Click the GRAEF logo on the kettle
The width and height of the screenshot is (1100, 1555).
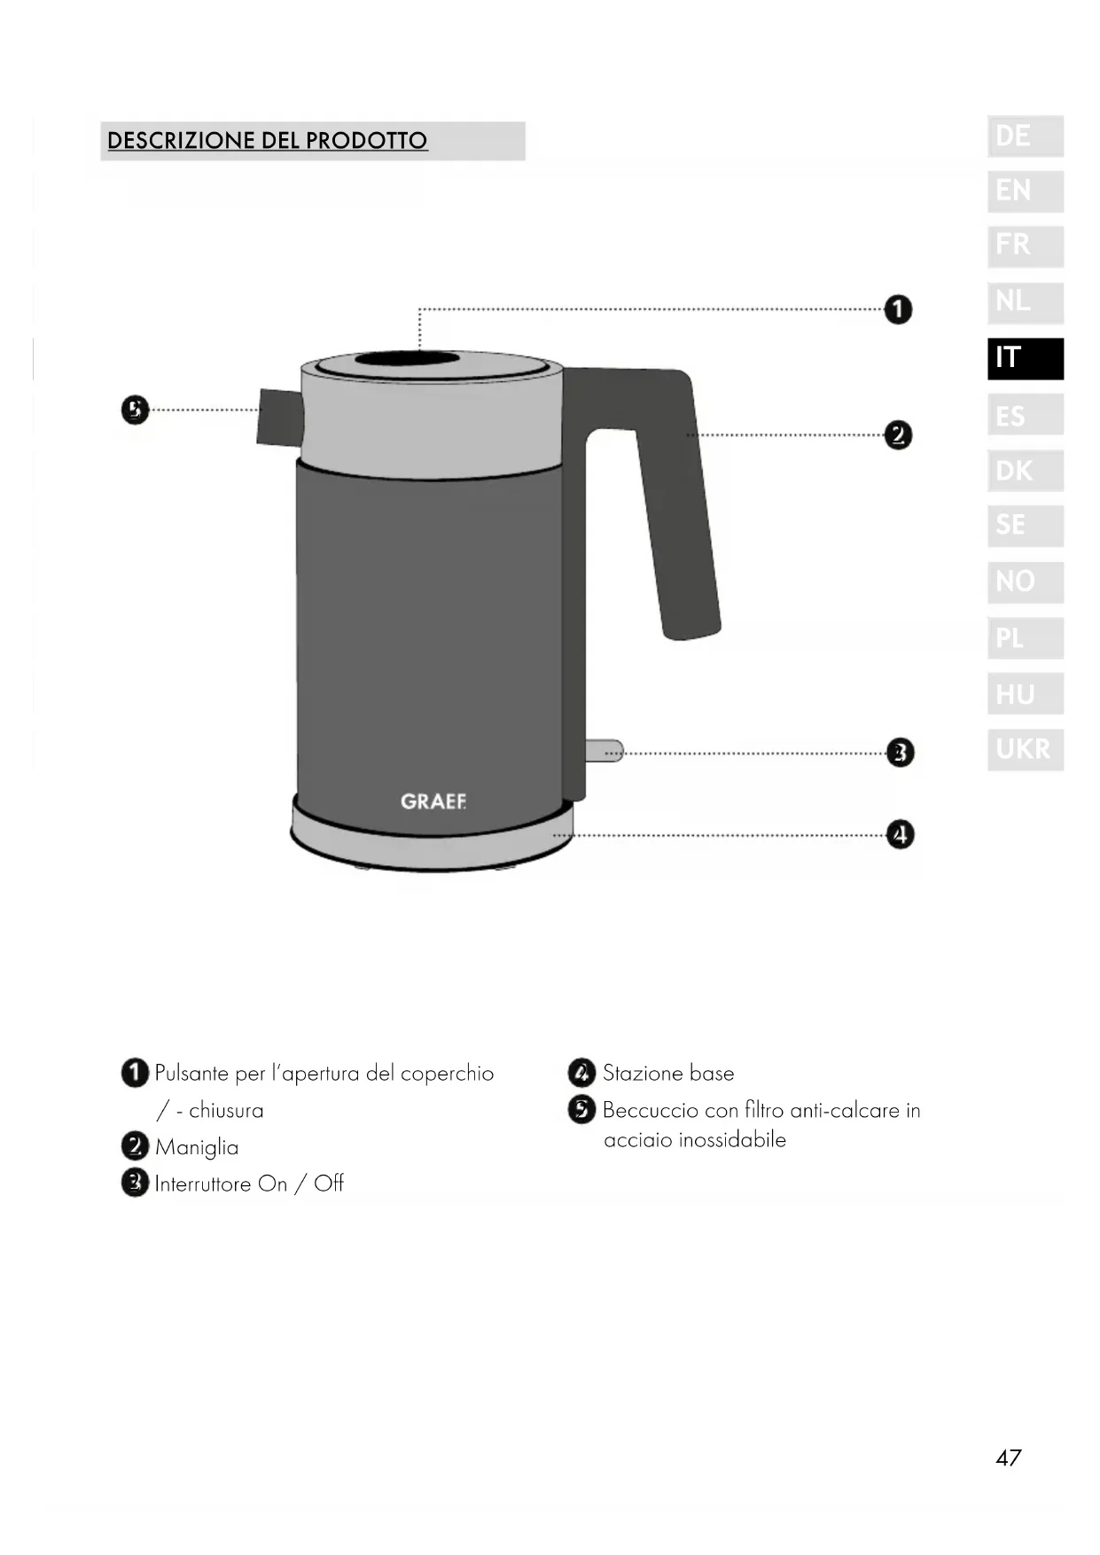(x=433, y=801)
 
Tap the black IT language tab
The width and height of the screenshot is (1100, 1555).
(x=1026, y=358)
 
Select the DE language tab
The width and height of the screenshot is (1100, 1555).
(x=1026, y=137)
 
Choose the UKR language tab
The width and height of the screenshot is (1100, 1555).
(x=1026, y=749)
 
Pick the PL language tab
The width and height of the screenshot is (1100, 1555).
(x=1026, y=637)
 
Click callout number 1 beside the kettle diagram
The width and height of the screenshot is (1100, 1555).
(x=898, y=309)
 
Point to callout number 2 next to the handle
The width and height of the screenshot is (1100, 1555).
(x=898, y=435)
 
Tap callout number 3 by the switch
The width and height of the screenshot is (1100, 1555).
(x=901, y=753)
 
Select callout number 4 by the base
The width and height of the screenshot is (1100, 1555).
(x=901, y=834)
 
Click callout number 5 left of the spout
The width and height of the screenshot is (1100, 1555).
(x=135, y=410)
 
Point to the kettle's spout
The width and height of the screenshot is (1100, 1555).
(x=280, y=417)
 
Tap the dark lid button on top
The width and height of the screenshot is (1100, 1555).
(x=408, y=359)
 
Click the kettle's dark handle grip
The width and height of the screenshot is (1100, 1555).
(x=678, y=514)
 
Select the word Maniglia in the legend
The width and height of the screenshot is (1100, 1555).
(x=197, y=1147)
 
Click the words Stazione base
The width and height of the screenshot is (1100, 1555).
(x=668, y=1073)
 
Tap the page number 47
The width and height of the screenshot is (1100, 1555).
(x=1009, y=1457)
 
